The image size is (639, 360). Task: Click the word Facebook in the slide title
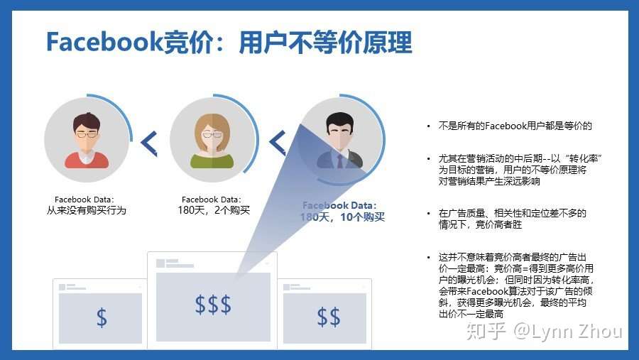103,42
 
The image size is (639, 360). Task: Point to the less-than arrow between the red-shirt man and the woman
149,143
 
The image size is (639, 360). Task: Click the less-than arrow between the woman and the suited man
277,143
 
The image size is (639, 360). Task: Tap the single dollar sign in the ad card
102,317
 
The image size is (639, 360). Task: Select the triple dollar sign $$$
213,305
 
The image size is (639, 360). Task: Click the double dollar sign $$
328,317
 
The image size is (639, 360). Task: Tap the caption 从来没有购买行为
87,210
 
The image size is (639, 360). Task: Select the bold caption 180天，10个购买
342,217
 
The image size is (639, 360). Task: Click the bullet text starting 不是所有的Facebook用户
515,126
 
